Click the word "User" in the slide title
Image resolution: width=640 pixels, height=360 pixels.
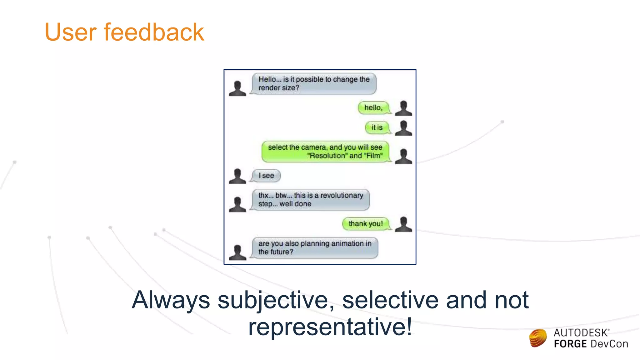[71, 32]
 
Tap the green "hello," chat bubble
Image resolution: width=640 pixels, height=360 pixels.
[373, 108]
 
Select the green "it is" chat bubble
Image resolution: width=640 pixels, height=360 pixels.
[377, 127]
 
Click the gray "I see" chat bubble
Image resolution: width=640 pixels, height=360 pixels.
[266, 176]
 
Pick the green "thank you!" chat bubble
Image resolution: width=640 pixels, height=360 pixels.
[366, 224]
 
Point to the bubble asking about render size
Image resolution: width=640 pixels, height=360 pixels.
[314, 84]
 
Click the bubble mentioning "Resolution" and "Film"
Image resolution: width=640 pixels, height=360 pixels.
[325, 152]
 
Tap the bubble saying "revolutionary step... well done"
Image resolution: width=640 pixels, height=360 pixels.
[311, 200]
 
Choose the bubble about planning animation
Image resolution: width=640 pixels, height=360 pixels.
[315, 248]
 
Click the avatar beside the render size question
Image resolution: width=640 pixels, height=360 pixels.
[237, 88]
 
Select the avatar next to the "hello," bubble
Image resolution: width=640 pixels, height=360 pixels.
[403, 108]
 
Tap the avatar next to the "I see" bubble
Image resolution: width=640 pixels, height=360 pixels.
[237, 176]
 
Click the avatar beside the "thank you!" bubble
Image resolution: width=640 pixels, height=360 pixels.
[403, 224]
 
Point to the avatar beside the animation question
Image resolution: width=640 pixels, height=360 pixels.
[237, 252]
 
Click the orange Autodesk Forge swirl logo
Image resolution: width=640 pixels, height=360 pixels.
[538, 338]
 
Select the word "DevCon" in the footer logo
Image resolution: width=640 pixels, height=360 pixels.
[609, 344]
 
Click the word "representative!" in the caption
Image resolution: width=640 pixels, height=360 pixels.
[330, 327]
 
